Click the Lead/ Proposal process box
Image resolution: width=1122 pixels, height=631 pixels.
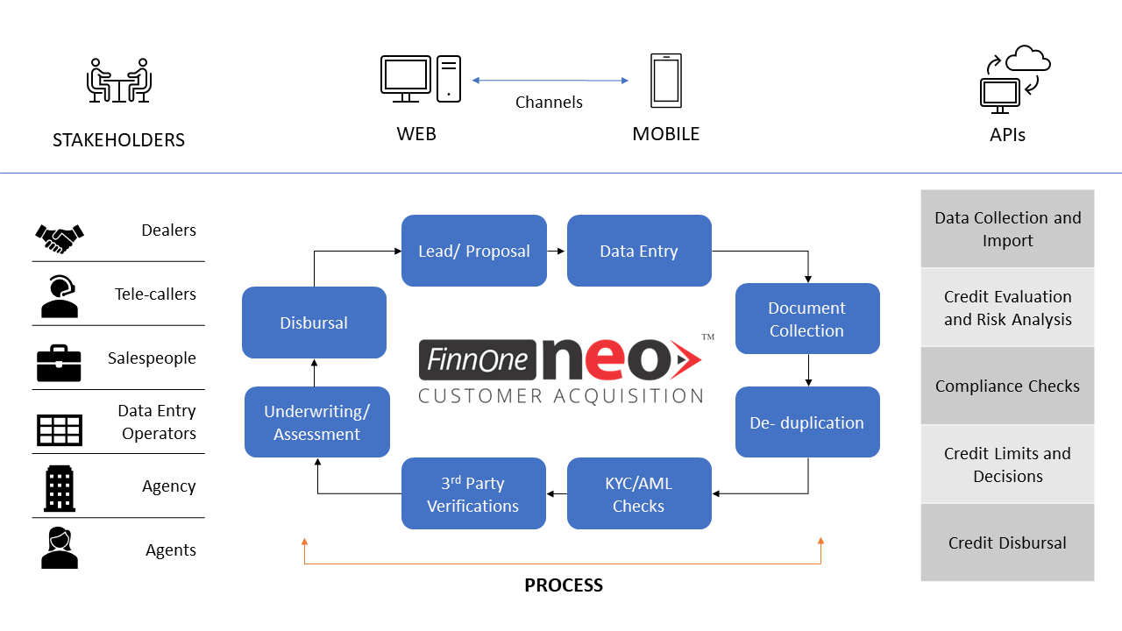tap(473, 251)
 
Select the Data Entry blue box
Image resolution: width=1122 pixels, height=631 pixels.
tap(639, 251)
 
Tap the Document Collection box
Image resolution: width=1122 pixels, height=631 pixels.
tap(806, 319)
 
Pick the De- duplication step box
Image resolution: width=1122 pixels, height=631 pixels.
tap(806, 422)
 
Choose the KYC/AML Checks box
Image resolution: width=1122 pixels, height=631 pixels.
tap(639, 494)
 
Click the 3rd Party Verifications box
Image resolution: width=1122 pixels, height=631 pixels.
tap(473, 494)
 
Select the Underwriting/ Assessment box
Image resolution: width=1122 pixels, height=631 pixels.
tap(316, 422)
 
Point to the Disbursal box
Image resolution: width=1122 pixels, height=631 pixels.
tap(314, 323)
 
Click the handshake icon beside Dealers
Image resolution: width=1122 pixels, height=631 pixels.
tap(59, 236)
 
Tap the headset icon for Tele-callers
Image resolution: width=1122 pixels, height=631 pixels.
tap(59, 295)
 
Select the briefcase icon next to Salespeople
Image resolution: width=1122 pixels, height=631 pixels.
tap(59, 362)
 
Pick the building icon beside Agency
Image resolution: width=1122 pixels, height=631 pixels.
tap(59, 488)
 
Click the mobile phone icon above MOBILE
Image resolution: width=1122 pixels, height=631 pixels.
tap(665, 82)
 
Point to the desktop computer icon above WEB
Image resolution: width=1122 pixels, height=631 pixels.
tap(420, 79)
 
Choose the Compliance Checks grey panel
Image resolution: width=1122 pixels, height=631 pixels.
tap(1007, 386)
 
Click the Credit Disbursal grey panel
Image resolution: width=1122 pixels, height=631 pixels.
tap(1007, 542)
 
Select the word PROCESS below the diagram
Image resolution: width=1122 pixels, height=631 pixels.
tap(564, 585)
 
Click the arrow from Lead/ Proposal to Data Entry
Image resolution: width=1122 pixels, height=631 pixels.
tap(557, 251)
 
